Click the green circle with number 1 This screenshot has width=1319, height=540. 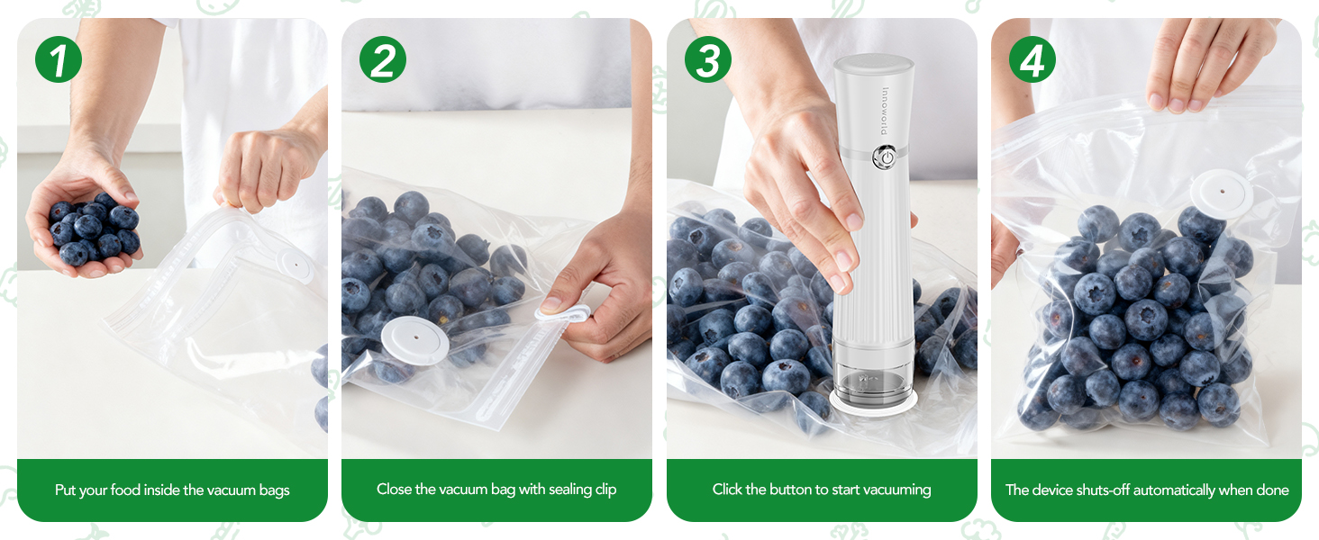(x=59, y=60)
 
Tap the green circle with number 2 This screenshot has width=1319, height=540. (x=383, y=60)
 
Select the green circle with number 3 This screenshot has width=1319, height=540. (x=708, y=60)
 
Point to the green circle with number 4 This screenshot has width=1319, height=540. (x=1032, y=60)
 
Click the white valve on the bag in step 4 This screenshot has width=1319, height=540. (x=1222, y=192)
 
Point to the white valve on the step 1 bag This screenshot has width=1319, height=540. (x=293, y=265)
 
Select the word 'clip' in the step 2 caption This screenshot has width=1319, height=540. (x=605, y=490)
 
